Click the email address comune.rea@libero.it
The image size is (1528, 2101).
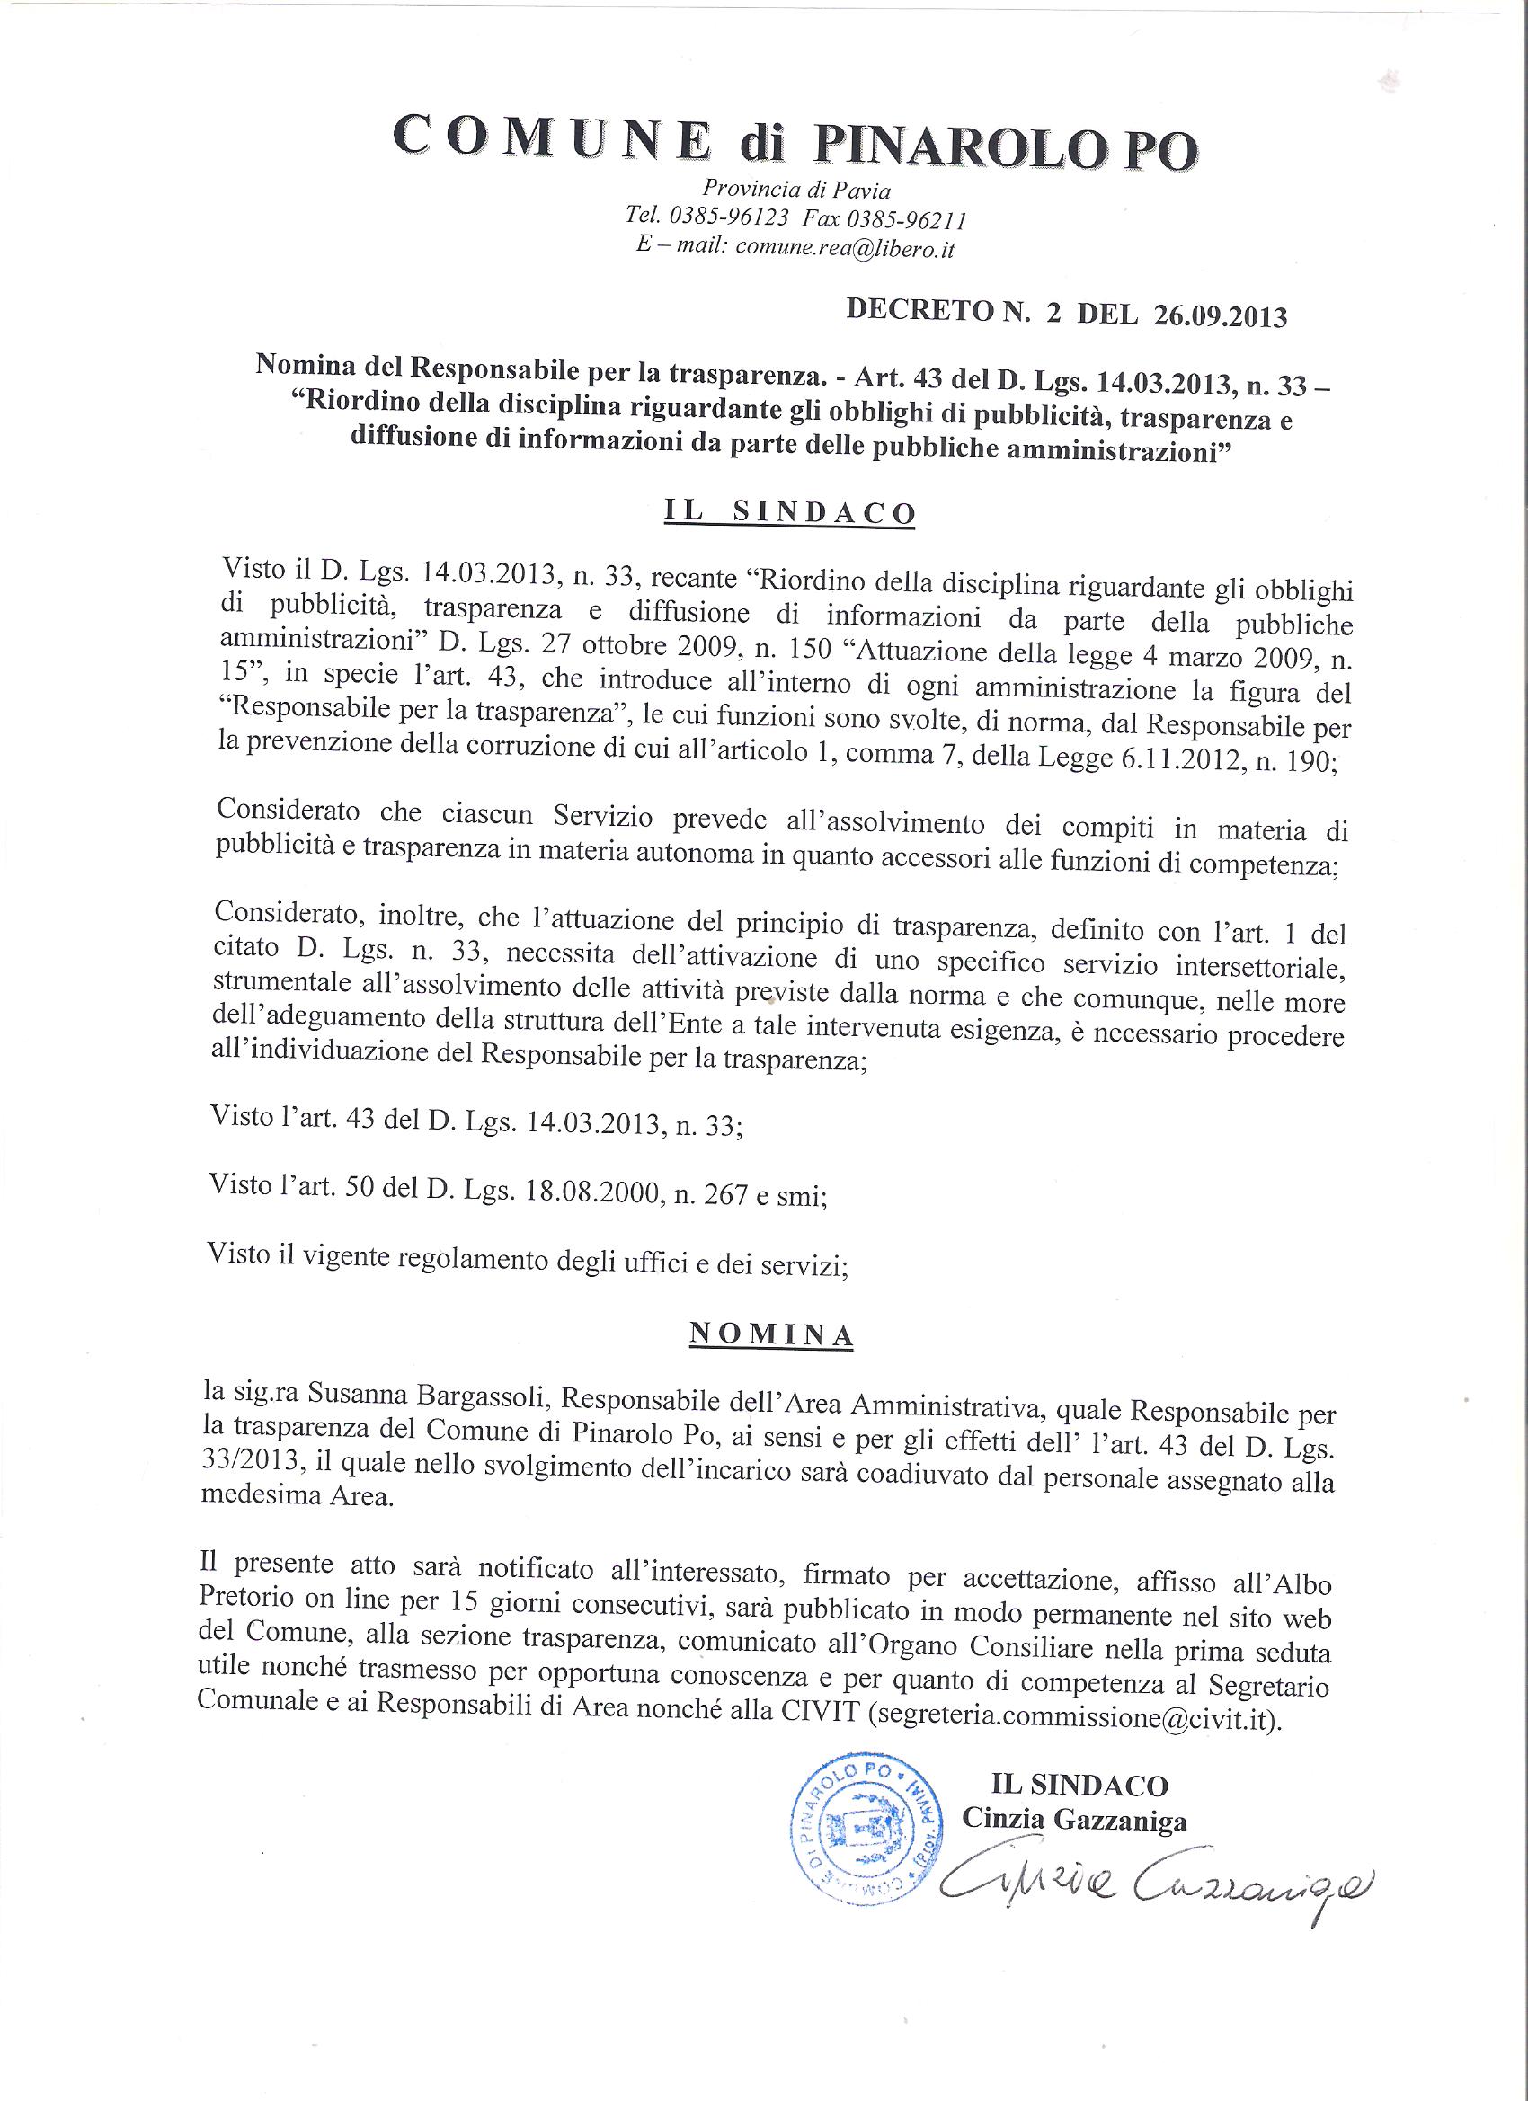pyautogui.click(x=844, y=249)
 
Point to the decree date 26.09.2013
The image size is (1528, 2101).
pyautogui.click(x=1220, y=316)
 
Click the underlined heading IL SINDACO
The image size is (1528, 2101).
pyautogui.click(x=789, y=514)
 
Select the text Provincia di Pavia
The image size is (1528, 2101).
pyautogui.click(x=796, y=189)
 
